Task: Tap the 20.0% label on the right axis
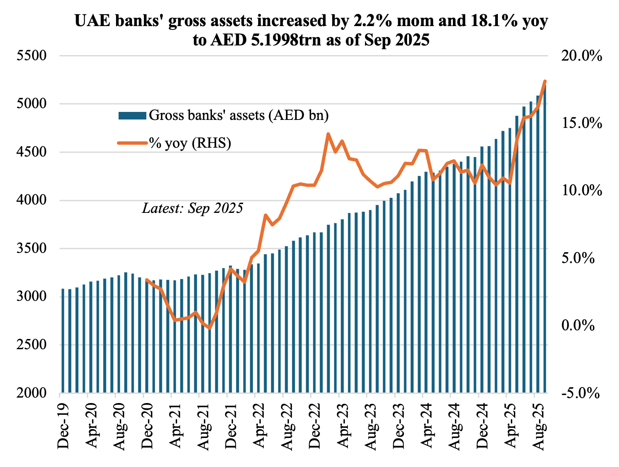(582, 56)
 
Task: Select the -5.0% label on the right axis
(582, 393)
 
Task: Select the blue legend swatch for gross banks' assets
(132, 115)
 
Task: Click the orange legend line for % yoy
(132, 143)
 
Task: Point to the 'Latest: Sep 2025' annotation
(193, 208)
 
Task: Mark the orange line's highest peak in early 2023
(328, 134)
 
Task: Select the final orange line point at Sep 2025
(545, 81)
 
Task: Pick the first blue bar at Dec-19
(63, 341)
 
